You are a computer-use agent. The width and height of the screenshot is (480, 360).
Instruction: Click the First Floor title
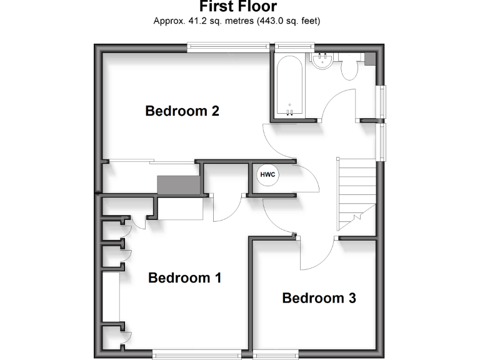point(237,7)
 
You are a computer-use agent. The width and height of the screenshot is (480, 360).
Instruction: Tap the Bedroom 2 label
point(182,111)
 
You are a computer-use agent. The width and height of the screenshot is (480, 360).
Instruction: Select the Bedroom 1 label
point(185,277)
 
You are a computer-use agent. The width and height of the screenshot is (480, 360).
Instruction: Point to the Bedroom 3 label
point(319,298)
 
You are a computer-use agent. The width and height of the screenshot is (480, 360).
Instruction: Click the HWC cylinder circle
point(268,174)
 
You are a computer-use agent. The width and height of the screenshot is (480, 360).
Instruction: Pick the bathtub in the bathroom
point(289,86)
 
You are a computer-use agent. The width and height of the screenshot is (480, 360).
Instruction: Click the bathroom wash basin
point(323,60)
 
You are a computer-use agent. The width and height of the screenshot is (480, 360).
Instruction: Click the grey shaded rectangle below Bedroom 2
point(178,186)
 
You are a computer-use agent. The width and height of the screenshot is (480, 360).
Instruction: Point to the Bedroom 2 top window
point(229,46)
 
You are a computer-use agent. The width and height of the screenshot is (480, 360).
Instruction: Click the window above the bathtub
point(295,46)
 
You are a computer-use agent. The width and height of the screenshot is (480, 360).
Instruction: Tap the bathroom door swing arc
point(337,103)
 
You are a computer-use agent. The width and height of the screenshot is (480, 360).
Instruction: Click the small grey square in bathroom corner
point(369,59)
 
